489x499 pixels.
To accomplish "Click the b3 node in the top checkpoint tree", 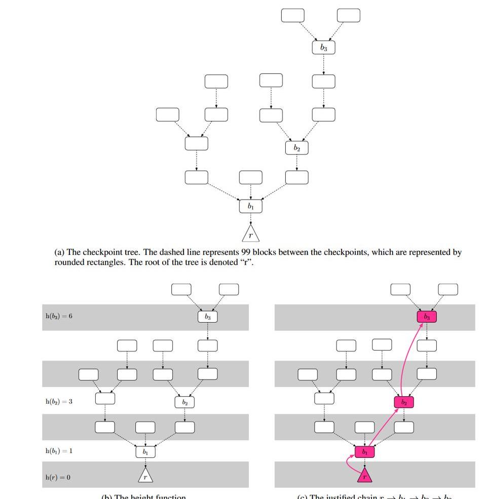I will coord(323,48).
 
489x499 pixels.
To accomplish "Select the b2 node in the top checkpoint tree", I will coord(296,148).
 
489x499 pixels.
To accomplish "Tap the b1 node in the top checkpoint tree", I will coord(251,207).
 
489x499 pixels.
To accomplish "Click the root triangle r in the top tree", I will coord(250,235).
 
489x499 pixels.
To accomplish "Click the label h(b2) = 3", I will coord(59,401).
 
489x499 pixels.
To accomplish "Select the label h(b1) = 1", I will coord(59,450).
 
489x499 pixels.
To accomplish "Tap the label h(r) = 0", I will coord(57,477).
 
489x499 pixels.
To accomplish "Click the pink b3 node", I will coord(427,317).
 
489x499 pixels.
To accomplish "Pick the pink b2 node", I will coord(404,402).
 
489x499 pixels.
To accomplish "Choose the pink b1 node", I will coord(364,451).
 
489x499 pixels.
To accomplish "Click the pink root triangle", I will coord(364,476).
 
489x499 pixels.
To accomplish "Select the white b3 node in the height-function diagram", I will coord(208,317).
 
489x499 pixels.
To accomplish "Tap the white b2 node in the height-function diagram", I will coord(184,402).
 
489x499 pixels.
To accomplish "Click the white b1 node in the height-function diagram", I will coord(145,451).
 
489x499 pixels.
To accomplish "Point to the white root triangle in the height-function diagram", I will coord(145,477).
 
